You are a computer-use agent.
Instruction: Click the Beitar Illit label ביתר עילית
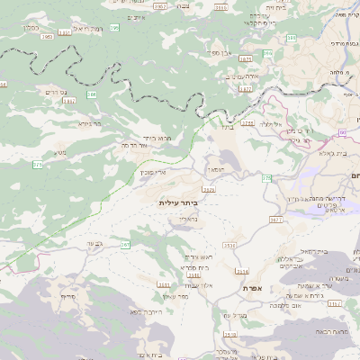176,203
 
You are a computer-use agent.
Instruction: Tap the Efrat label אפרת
251,288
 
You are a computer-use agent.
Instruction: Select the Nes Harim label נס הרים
55,92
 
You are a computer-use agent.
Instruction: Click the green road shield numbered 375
37,165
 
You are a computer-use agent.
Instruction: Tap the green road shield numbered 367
125,244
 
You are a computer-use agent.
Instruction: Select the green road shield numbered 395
114,28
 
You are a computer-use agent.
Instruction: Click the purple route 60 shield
343,133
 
